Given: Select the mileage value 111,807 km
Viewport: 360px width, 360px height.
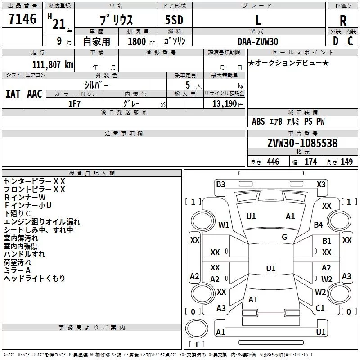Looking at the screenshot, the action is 52,64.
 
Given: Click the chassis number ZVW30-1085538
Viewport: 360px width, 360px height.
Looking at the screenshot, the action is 302,143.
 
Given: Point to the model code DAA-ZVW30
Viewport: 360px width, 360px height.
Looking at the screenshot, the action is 258,41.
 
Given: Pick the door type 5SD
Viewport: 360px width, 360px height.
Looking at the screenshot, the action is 174,21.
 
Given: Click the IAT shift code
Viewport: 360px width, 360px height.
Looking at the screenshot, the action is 13,94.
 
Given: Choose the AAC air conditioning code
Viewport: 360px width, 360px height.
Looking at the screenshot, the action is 35,94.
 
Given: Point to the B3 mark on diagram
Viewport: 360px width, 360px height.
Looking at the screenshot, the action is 220,184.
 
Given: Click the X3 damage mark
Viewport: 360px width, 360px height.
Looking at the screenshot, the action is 321,184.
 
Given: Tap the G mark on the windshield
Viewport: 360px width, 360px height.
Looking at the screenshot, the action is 284,237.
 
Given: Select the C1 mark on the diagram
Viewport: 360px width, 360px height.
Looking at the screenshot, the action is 320,308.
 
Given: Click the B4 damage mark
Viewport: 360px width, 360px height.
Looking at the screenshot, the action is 319,225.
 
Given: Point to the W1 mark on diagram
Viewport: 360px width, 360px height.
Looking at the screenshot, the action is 224,225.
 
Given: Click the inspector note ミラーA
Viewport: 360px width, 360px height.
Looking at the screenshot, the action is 17,270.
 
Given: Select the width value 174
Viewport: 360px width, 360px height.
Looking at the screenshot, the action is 310,162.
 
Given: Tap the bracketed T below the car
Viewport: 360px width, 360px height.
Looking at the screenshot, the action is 196,344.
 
